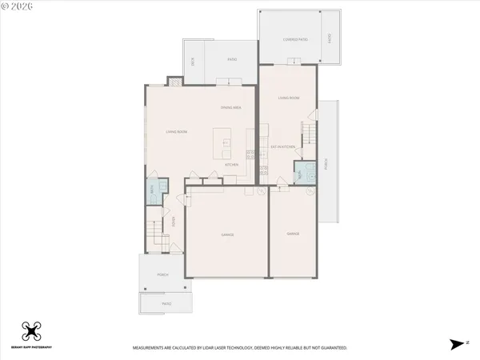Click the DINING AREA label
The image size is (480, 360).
(232, 107)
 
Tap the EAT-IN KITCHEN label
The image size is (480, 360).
(284, 147)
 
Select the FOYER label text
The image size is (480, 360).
(173, 222)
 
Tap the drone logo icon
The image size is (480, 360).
(31, 331)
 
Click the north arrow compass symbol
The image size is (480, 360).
(457, 344)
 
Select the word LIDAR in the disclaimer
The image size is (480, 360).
(216, 348)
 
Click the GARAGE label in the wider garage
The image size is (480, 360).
(227, 234)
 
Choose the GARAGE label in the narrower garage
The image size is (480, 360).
(292, 234)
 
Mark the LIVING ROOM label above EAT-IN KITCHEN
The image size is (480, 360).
(288, 98)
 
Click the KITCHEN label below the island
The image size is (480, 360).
(232, 164)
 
